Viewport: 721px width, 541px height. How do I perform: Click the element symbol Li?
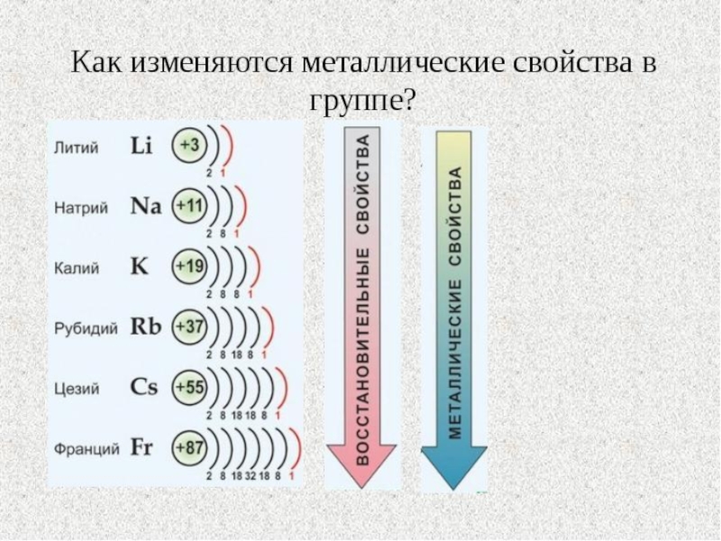coord(141,146)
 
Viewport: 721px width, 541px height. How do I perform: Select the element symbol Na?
coord(145,206)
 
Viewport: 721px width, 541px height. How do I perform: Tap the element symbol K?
coord(139,267)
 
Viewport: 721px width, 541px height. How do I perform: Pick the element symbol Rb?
coord(145,326)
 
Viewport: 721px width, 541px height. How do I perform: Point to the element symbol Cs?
coord(144,387)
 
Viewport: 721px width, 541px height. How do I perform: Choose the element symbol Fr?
coord(142,447)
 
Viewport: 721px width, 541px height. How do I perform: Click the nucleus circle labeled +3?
coord(190,146)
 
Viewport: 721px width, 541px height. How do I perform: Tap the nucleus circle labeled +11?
coord(190,206)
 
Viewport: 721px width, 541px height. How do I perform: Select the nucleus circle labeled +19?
coord(190,267)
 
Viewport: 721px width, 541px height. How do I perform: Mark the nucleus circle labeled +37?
coord(190,326)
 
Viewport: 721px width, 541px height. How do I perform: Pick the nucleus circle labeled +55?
coord(190,387)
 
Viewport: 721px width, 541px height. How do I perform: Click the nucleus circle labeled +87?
coord(190,447)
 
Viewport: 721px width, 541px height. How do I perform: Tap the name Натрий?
coord(81,208)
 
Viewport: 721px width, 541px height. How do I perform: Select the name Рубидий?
coord(87,329)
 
